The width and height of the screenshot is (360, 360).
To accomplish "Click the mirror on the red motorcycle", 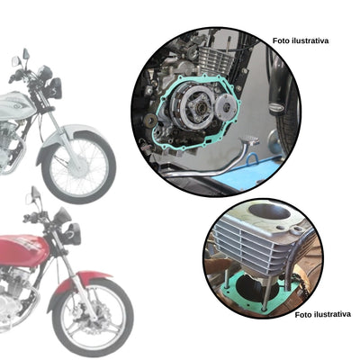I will point(33,193).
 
